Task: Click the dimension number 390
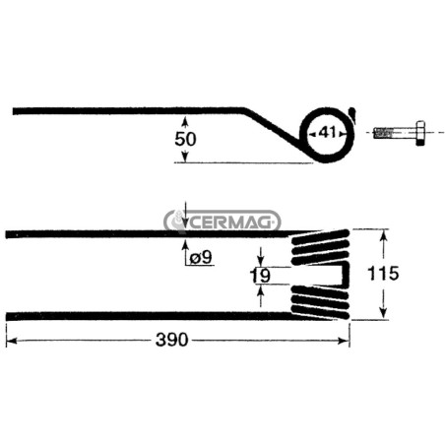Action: point(171,340)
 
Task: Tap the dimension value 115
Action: point(383,274)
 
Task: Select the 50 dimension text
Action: point(185,139)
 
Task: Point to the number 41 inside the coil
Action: point(328,133)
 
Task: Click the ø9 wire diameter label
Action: point(201,257)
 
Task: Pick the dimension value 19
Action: point(260,276)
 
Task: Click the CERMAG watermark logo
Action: point(222,222)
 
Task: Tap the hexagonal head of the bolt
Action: point(420,133)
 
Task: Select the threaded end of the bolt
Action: point(382,133)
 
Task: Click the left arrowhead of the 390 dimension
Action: point(12,341)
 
